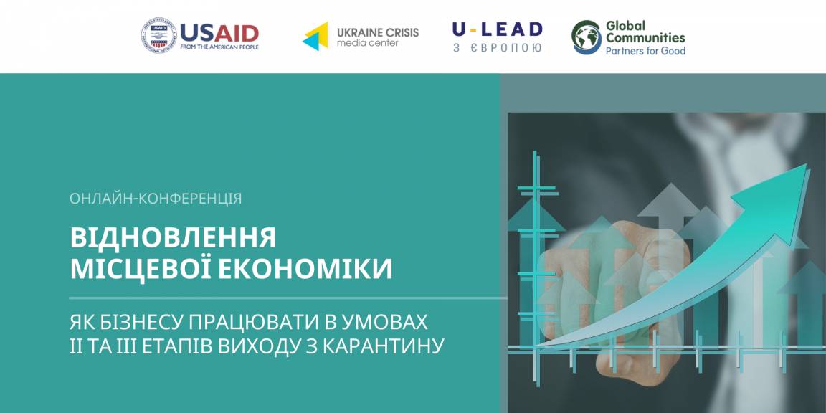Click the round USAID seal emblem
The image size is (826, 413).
pos(158,36)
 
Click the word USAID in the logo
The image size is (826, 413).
pos(219,33)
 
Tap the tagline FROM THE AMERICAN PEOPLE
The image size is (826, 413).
pos(219,47)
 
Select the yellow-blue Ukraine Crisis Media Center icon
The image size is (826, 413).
pos(315,37)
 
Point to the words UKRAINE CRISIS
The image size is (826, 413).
pos(378,32)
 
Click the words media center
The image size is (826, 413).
pos(368,43)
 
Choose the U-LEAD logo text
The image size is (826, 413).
pos(498,29)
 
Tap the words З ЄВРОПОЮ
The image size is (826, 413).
pos(498,47)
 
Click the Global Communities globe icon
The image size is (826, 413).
pos(587,37)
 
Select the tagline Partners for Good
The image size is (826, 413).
pos(645,51)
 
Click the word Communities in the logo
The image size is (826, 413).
pos(645,38)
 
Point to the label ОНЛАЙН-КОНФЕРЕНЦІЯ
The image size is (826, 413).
pos(156,199)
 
